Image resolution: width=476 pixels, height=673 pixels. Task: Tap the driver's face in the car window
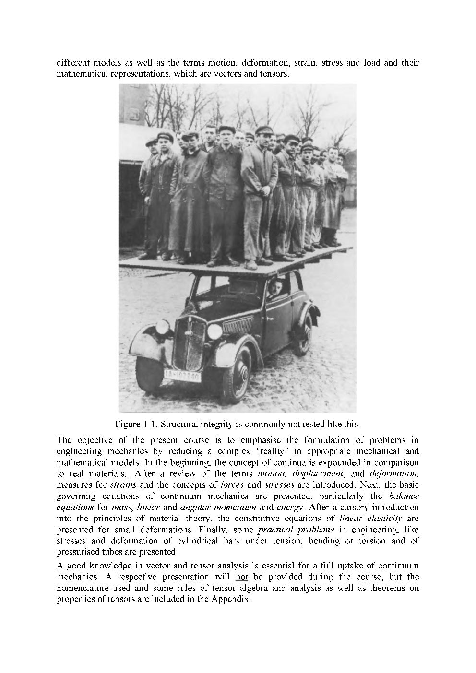click(276, 289)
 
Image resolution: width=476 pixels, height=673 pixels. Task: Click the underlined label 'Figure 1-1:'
click(137, 425)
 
